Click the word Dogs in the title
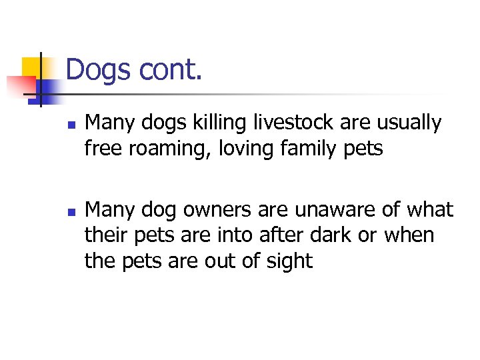click(x=99, y=69)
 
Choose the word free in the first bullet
click(x=103, y=148)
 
